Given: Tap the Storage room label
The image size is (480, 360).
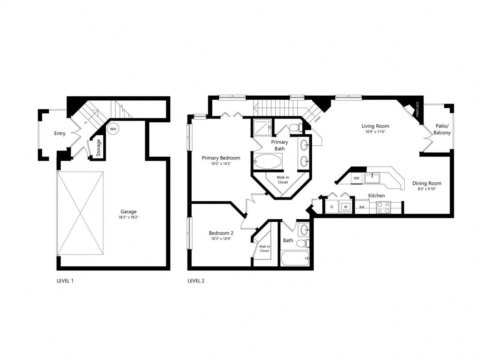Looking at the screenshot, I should point(99,148).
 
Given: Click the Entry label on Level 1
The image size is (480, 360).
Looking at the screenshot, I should point(60,133).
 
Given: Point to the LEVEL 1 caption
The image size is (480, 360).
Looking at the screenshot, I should point(65,280).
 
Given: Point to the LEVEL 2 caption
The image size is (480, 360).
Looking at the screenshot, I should point(196,280).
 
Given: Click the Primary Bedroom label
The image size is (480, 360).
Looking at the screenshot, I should point(221,158).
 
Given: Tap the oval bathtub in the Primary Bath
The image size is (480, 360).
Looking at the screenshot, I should point(267,162).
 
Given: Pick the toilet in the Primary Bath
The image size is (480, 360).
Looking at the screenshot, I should point(295,127).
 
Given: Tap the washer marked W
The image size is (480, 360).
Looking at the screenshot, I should point(346,207).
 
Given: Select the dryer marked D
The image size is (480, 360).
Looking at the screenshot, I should point(331,207).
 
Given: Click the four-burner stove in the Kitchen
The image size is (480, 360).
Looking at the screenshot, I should point(383,207).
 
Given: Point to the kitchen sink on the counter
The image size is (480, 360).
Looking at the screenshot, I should point(373,178).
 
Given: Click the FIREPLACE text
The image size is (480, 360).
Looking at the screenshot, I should point(417,109).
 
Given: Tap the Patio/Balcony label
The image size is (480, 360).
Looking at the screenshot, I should point(442,129).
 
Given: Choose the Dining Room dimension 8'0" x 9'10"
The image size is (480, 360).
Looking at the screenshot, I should point(427,189).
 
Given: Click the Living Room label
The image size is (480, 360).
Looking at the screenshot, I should point(375,126).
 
